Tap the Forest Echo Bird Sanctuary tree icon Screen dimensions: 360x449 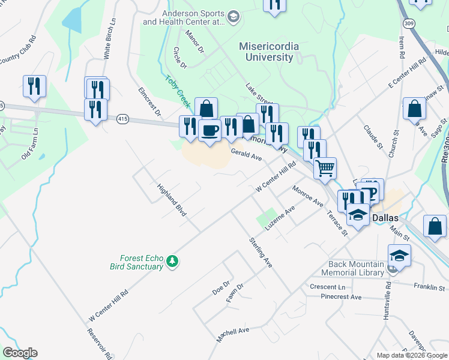point(173,261)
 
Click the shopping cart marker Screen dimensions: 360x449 point(325,167)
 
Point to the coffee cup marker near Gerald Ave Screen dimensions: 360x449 point(209,130)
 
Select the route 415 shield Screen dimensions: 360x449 point(123,119)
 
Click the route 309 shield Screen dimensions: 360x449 point(409,23)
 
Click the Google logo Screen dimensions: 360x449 point(20,353)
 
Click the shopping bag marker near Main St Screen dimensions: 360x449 point(435,226)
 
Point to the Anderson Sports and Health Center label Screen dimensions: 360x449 point(184,17)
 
